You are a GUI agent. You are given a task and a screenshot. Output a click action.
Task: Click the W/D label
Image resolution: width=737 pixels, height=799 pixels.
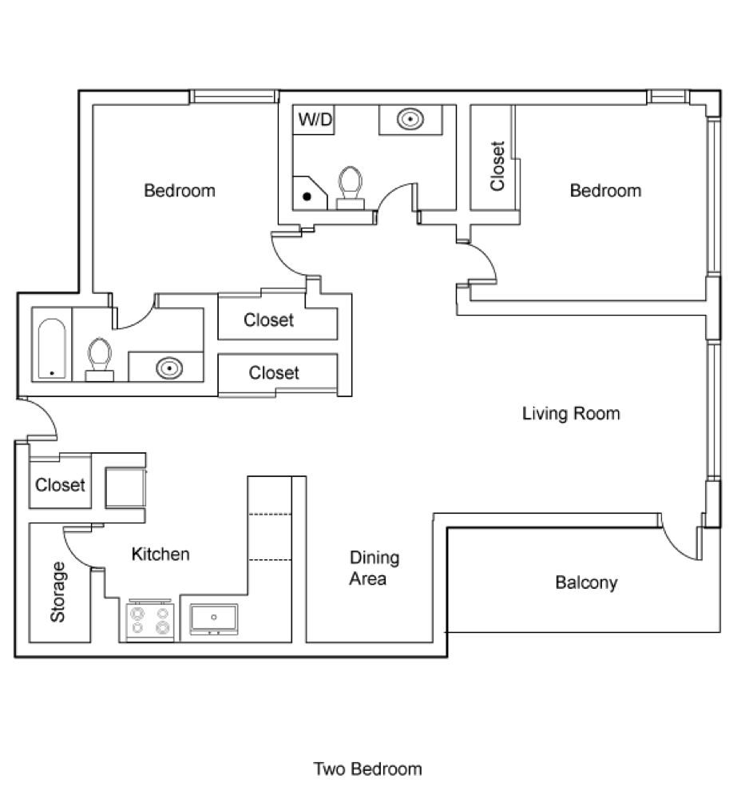pos(315,121)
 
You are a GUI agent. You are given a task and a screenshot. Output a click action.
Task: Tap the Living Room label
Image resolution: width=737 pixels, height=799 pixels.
pos(571,414)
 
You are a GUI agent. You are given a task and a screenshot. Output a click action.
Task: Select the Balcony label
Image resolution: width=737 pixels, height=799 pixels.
pos(586,582)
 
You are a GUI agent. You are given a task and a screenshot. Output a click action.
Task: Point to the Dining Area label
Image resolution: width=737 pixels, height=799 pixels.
pos(374,568)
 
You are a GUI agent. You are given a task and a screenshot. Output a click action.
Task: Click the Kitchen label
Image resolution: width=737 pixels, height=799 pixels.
pos(160,554)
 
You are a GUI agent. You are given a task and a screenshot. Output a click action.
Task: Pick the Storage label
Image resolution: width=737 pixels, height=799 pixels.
pos(57,592)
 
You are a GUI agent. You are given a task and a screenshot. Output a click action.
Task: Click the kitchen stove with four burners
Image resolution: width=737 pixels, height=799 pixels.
pos(151,620)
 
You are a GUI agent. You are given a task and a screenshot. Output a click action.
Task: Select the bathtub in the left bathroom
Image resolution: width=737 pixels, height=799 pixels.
pos(52,349)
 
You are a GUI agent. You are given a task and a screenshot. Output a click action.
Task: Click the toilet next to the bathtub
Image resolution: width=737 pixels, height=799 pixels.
pos(99,358)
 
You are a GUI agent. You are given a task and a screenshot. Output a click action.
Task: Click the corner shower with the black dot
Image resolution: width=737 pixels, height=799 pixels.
pos(308,192)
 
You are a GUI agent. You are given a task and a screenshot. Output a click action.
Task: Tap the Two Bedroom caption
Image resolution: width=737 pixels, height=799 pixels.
pos(367,769)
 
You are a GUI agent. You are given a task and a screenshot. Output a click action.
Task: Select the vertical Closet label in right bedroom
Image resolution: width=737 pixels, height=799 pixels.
pos(497,166)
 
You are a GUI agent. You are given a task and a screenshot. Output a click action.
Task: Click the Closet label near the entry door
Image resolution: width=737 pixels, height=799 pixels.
pos(60,485)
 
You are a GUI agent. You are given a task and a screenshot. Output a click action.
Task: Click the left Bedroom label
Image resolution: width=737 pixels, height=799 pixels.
pos(180,191)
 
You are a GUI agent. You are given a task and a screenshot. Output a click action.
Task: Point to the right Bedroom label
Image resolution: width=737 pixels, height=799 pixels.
pos(605,190)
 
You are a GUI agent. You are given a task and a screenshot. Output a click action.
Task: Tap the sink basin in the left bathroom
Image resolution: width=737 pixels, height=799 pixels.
pos(168,368)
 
